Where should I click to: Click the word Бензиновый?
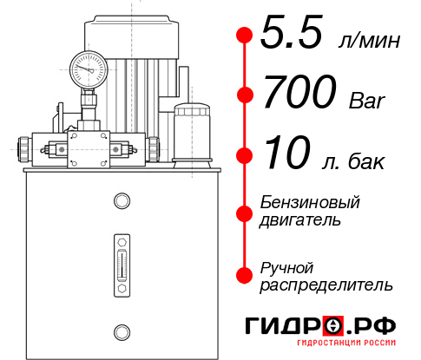(x=310, y=202)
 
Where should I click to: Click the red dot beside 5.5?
(x=244, y=36)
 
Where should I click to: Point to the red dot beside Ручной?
(x=244, y=274)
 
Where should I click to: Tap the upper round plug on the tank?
(x=122, y=201)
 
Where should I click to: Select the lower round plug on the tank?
(x=122, y=330)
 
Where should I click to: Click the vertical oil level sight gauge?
(x=122, y=262)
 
